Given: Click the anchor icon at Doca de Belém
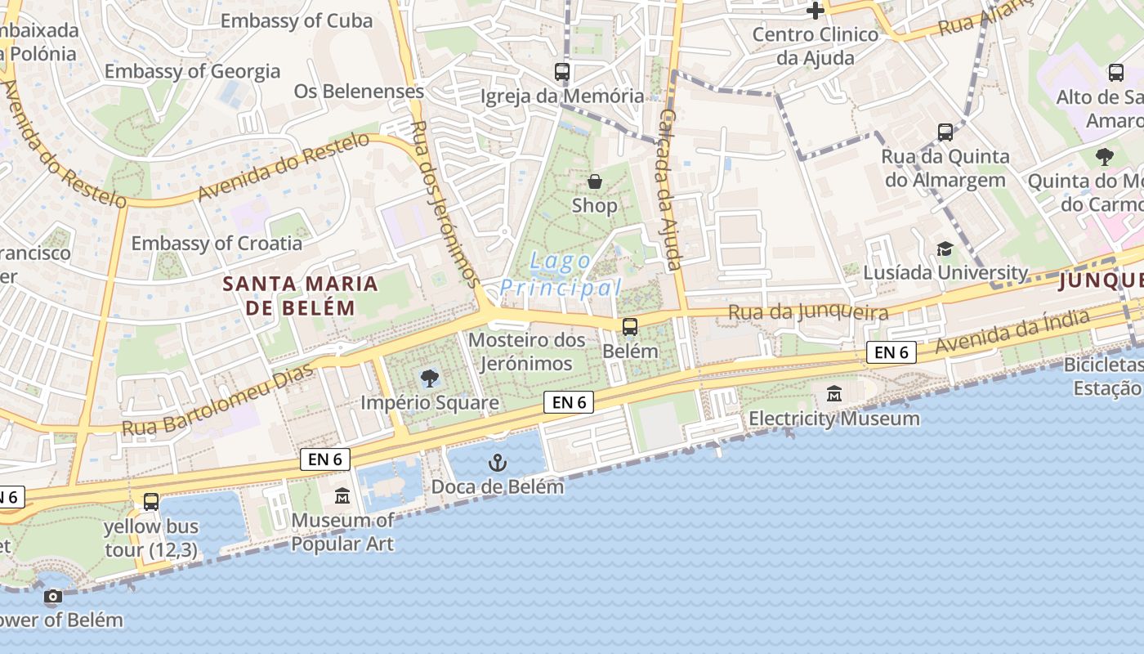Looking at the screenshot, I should point(497,464).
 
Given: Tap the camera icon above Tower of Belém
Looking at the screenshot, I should point(52,597).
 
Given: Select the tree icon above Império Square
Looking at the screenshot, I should point(429,378).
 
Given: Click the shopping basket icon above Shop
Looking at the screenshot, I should point(595,181).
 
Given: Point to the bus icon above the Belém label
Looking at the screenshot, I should point(629,327).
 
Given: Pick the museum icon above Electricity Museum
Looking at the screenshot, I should point(834,394).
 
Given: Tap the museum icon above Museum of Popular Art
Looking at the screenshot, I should point(342,496).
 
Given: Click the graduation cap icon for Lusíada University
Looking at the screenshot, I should point(945,249).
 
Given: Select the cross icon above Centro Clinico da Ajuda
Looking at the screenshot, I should point(815,11).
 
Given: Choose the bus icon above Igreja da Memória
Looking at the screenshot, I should point(562,72).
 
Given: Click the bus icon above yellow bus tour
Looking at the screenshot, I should point(151,502).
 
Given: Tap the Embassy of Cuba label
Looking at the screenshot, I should point(297,20).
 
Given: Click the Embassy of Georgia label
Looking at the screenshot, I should point(192,71).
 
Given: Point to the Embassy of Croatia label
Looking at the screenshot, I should point(217,243).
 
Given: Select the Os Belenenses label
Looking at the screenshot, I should point(359,91).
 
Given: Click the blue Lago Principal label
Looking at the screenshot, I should point(561,275).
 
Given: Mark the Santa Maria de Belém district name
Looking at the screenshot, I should point(300,296).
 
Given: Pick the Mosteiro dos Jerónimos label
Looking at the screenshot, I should point(527,352).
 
